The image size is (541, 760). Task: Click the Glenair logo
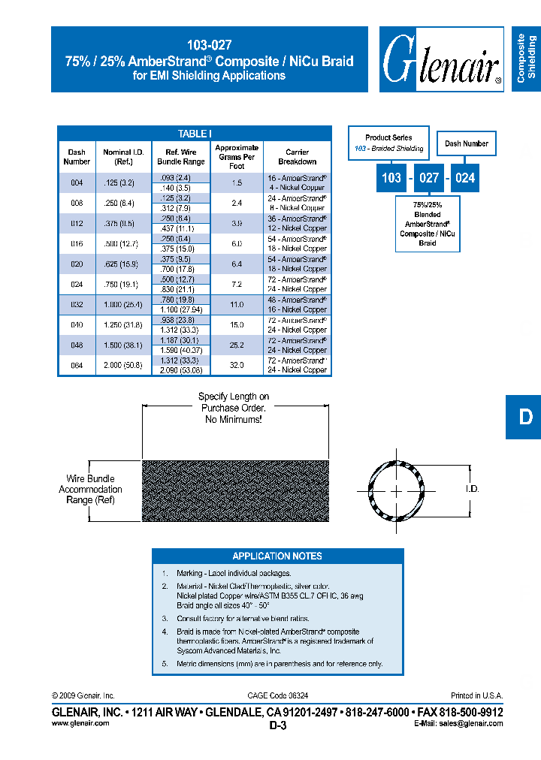[x=441, y=60]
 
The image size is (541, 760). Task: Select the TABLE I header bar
[x=195, y=134]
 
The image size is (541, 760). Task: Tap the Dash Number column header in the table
[x=77, y=157]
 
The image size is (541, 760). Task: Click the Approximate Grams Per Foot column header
[x=237, y=157]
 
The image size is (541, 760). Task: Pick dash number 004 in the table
[x=77, y=182]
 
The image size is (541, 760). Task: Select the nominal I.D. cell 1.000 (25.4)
[x=117, y=305]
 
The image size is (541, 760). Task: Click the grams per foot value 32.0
[x=237, y=366]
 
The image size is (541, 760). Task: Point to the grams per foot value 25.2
[x=237, y=345]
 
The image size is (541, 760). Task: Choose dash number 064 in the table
[x=77, y=366]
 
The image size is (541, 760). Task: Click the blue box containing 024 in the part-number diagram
[x=466, y=179]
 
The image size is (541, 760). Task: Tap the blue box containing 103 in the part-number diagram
[x=391, y=179]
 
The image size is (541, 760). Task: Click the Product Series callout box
[x=388, y=143]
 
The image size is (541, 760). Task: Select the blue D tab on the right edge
[x=524, y=417]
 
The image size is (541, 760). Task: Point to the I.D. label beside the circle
[x=472, y=489]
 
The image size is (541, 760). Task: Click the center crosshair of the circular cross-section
[x=395, y=491]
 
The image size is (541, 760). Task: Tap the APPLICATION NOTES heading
[x=277, y=556]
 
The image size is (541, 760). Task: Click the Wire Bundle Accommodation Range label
[x=90, y=489]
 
